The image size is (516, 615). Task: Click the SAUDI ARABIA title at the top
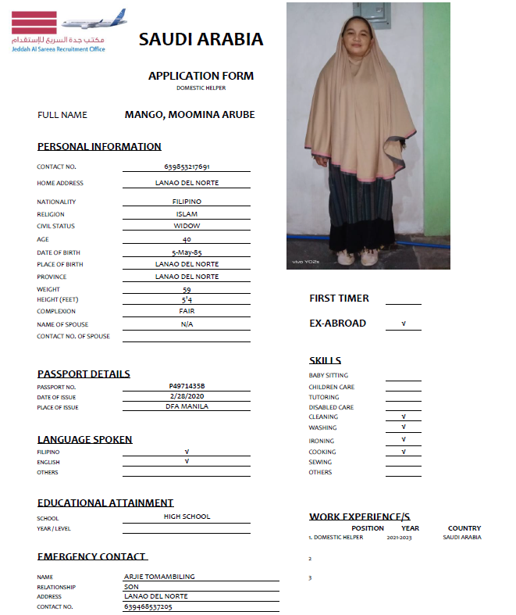(x=201, y=40)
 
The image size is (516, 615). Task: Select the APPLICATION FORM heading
(x=201, y=76)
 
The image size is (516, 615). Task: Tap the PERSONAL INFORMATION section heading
(x=99, y=147)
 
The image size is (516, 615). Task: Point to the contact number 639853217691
(x=187, y=166)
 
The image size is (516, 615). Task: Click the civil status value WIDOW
(x=187, y=226)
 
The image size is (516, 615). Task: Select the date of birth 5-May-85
(x=187, y=252)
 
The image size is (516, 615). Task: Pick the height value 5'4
(x=187, y=299)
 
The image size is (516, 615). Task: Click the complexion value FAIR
(x=187, y=311)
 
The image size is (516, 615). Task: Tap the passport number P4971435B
(x=187, y=386)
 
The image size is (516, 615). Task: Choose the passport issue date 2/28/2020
(x=187, y=396)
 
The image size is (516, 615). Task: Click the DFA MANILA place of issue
(x=187, y=407)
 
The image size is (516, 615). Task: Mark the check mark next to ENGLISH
(x=187, y=462)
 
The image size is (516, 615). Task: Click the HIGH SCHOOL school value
(x=187, y=517)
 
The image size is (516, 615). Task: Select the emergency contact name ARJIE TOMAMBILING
(x=159, y=577)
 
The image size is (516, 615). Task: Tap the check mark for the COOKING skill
(x=404, y=452)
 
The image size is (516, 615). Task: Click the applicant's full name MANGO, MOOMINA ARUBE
(x=190, y=115)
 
